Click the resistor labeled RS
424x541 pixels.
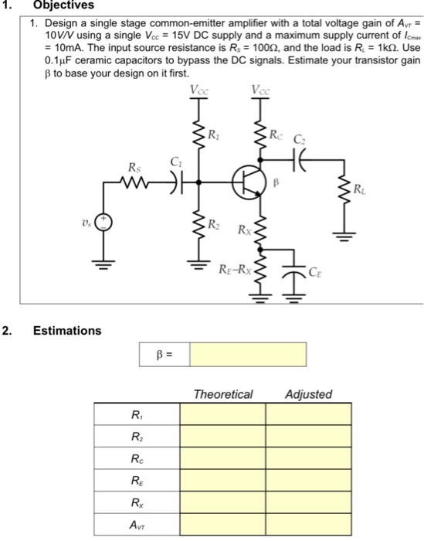136,182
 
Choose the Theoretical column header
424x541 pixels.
223,394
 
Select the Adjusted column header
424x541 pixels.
309,394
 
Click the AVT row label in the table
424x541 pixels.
137,526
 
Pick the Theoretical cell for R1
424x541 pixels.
223,414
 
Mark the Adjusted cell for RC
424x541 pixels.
309,459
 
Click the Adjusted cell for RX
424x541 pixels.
309,503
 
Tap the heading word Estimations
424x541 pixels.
66,331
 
